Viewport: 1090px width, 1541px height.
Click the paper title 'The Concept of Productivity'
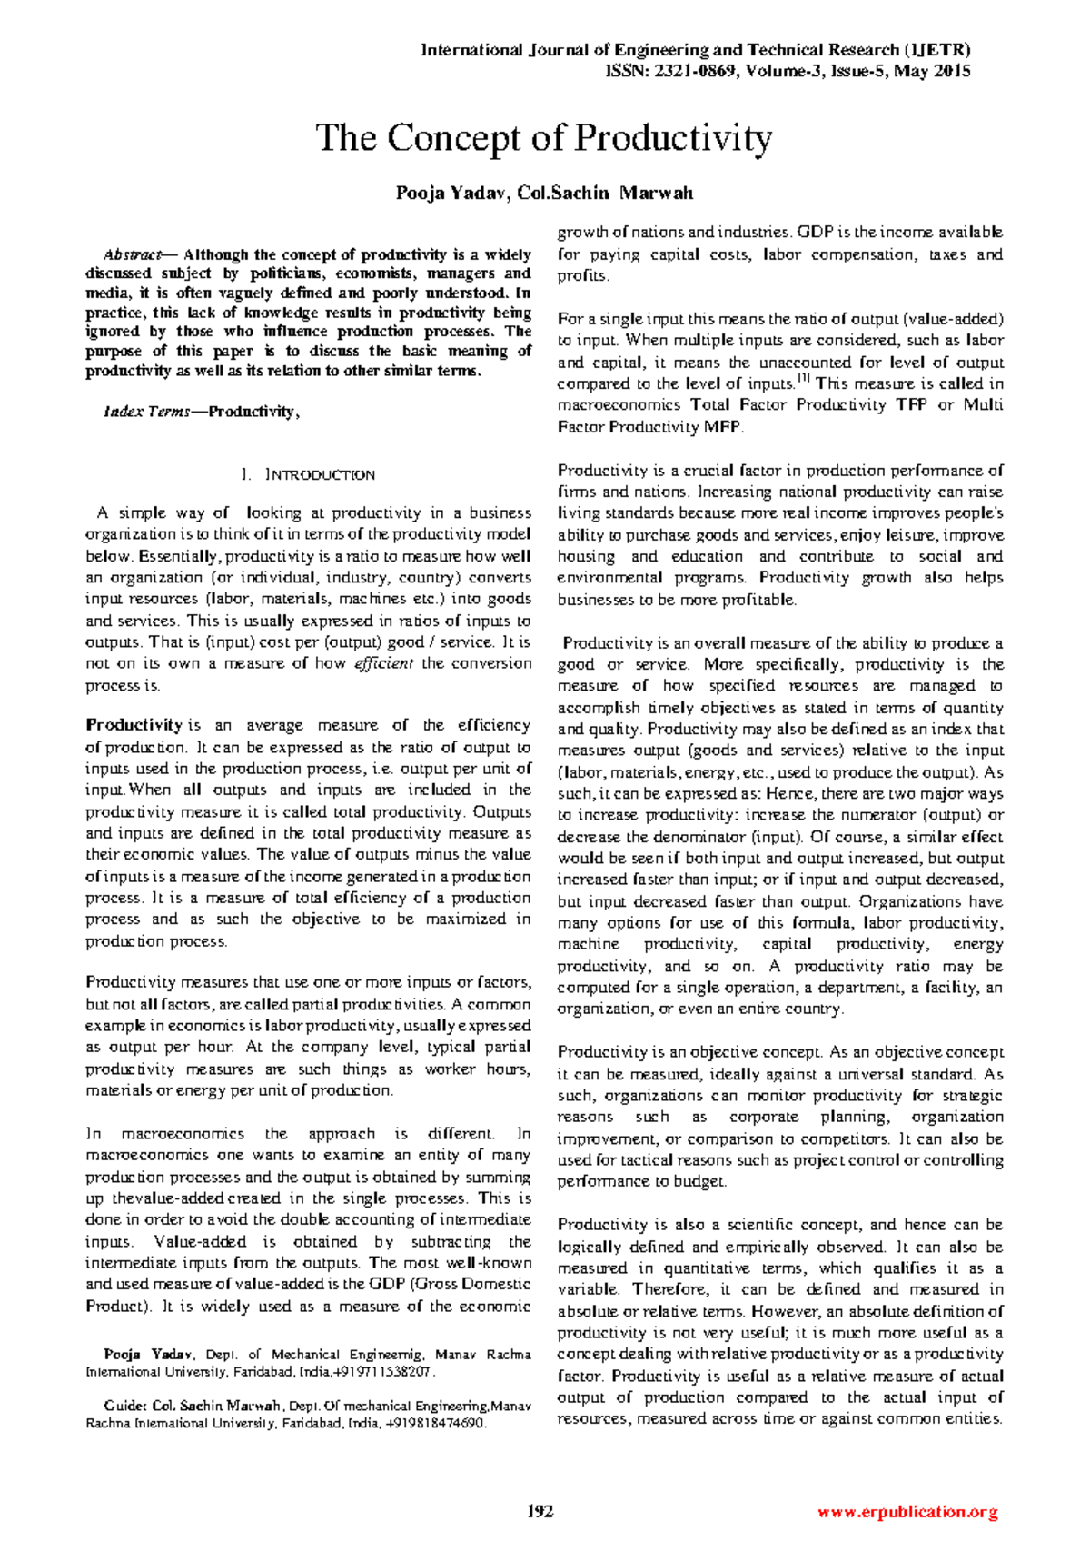(x=544, y=138)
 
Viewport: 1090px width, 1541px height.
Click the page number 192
(x=541, y=1512)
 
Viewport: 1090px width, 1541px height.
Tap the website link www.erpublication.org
(x=907, y=1512)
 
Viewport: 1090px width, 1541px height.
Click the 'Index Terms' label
(x=146, y=412)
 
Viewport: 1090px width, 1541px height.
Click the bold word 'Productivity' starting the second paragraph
(x=134, y=725)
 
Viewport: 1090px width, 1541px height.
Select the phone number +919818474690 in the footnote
(x=435, y=1424)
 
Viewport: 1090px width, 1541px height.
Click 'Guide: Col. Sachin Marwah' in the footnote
(x=193, y=1406)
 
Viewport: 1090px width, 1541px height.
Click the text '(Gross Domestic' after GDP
(x=471, y=1284)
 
